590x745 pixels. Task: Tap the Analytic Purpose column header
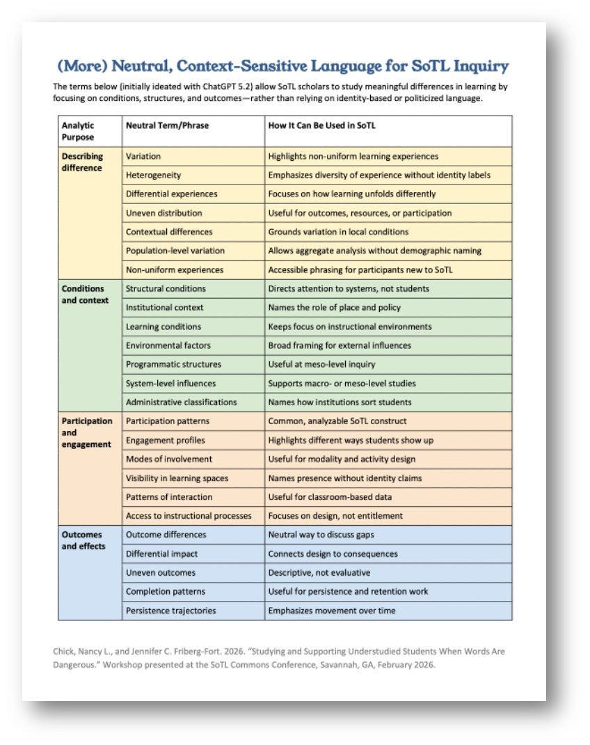78,131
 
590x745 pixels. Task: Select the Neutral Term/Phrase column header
166,125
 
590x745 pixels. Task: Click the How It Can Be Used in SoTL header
321,125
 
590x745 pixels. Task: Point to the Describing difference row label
82,162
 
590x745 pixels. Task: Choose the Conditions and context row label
85,295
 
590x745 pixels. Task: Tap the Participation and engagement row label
87,432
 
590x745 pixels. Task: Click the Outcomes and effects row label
82,540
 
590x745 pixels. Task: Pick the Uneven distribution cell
164,213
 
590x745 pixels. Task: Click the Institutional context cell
164,308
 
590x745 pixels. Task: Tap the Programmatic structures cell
173,364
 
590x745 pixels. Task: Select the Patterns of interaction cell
169,497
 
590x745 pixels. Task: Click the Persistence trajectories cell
170,611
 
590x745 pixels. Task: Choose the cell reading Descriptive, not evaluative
319,573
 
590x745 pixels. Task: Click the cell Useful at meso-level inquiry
321,364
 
